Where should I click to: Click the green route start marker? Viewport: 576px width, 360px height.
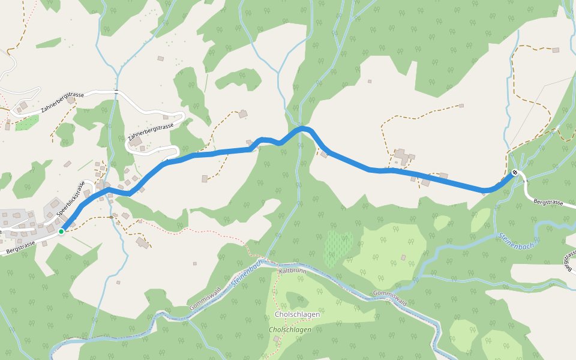[x=61, y=231]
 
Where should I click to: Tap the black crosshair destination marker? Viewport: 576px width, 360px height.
[x=515, y=173]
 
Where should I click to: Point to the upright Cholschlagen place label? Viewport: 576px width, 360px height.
[x=296, y=314]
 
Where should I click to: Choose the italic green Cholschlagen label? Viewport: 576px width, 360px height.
[x=290, y=329]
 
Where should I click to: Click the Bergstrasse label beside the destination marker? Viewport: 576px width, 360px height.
[x=548, y=203]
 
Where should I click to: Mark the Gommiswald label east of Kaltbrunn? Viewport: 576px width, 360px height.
[x=389, y=298]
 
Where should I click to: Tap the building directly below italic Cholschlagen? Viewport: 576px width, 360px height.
[x=276, y=340]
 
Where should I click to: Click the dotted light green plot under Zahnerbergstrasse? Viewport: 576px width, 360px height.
[x=26, y=123]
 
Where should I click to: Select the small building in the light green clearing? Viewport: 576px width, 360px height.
[x=403, y=257]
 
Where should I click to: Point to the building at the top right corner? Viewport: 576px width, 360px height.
[x=556, y=50]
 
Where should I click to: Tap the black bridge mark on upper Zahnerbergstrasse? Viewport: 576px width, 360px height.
[x=116, y=92]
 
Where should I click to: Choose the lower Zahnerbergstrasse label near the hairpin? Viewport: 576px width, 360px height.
[x=151, y=133]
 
